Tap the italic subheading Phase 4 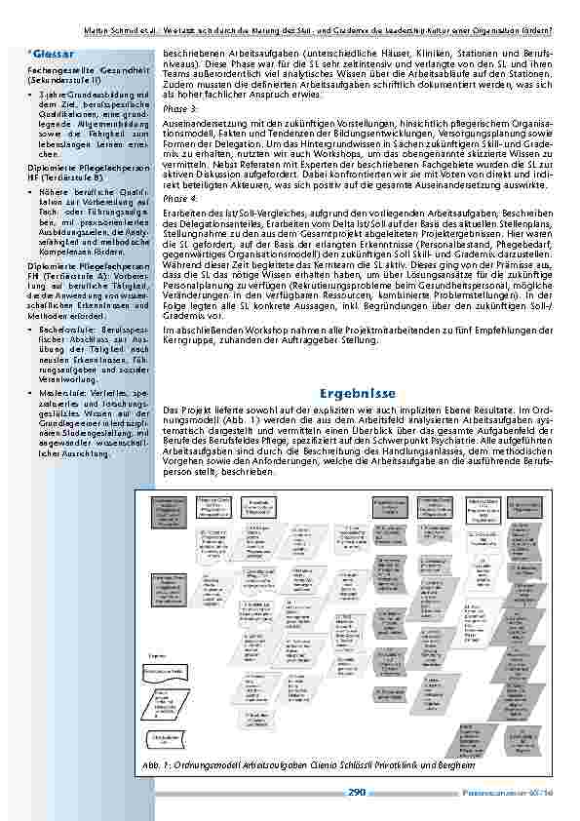click(179, 198)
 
